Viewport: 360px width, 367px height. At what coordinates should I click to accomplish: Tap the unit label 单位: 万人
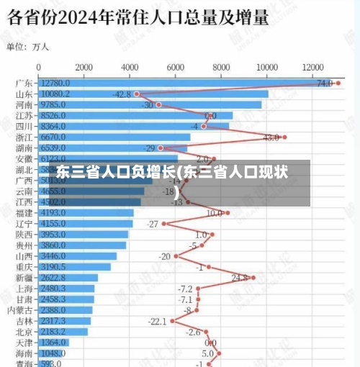coord(28,47)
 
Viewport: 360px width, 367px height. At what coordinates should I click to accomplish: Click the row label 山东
coord(24,94)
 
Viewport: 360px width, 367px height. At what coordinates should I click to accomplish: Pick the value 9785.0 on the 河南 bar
coord(56,104)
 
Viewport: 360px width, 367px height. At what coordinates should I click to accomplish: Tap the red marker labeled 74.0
coord(338,83)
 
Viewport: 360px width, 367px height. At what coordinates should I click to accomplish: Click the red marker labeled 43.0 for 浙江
coord(284,137)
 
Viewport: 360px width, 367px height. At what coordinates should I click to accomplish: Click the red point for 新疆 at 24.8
coord(253,277)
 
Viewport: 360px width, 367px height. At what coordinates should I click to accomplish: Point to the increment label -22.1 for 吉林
coord(157,321)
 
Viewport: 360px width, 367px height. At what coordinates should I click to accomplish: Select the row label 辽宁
coord(24,224)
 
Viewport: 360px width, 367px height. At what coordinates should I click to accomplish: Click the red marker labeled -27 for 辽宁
coord(164,224)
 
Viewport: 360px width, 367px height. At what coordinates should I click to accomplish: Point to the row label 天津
coord(24,343)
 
